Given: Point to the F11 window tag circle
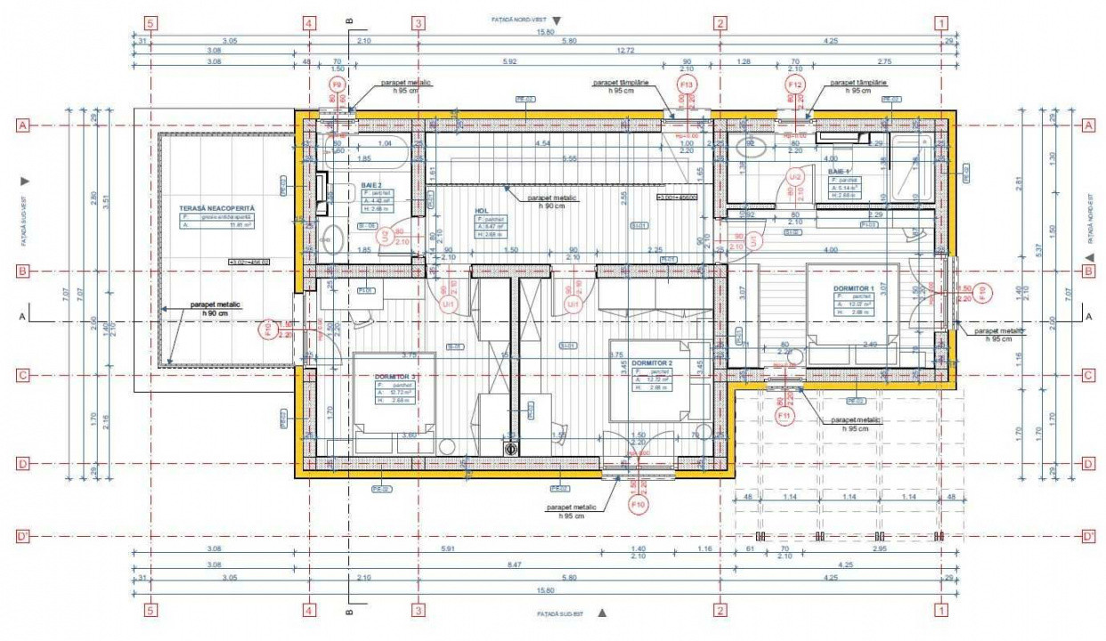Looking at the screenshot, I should (785, 416).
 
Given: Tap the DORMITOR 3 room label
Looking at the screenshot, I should (395, 377).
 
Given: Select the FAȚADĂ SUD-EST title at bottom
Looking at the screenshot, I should (559, 614).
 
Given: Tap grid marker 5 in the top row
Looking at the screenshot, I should (150, 23).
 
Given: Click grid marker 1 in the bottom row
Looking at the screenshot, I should (940, 610).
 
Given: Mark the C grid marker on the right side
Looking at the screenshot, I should (1087, 375).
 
